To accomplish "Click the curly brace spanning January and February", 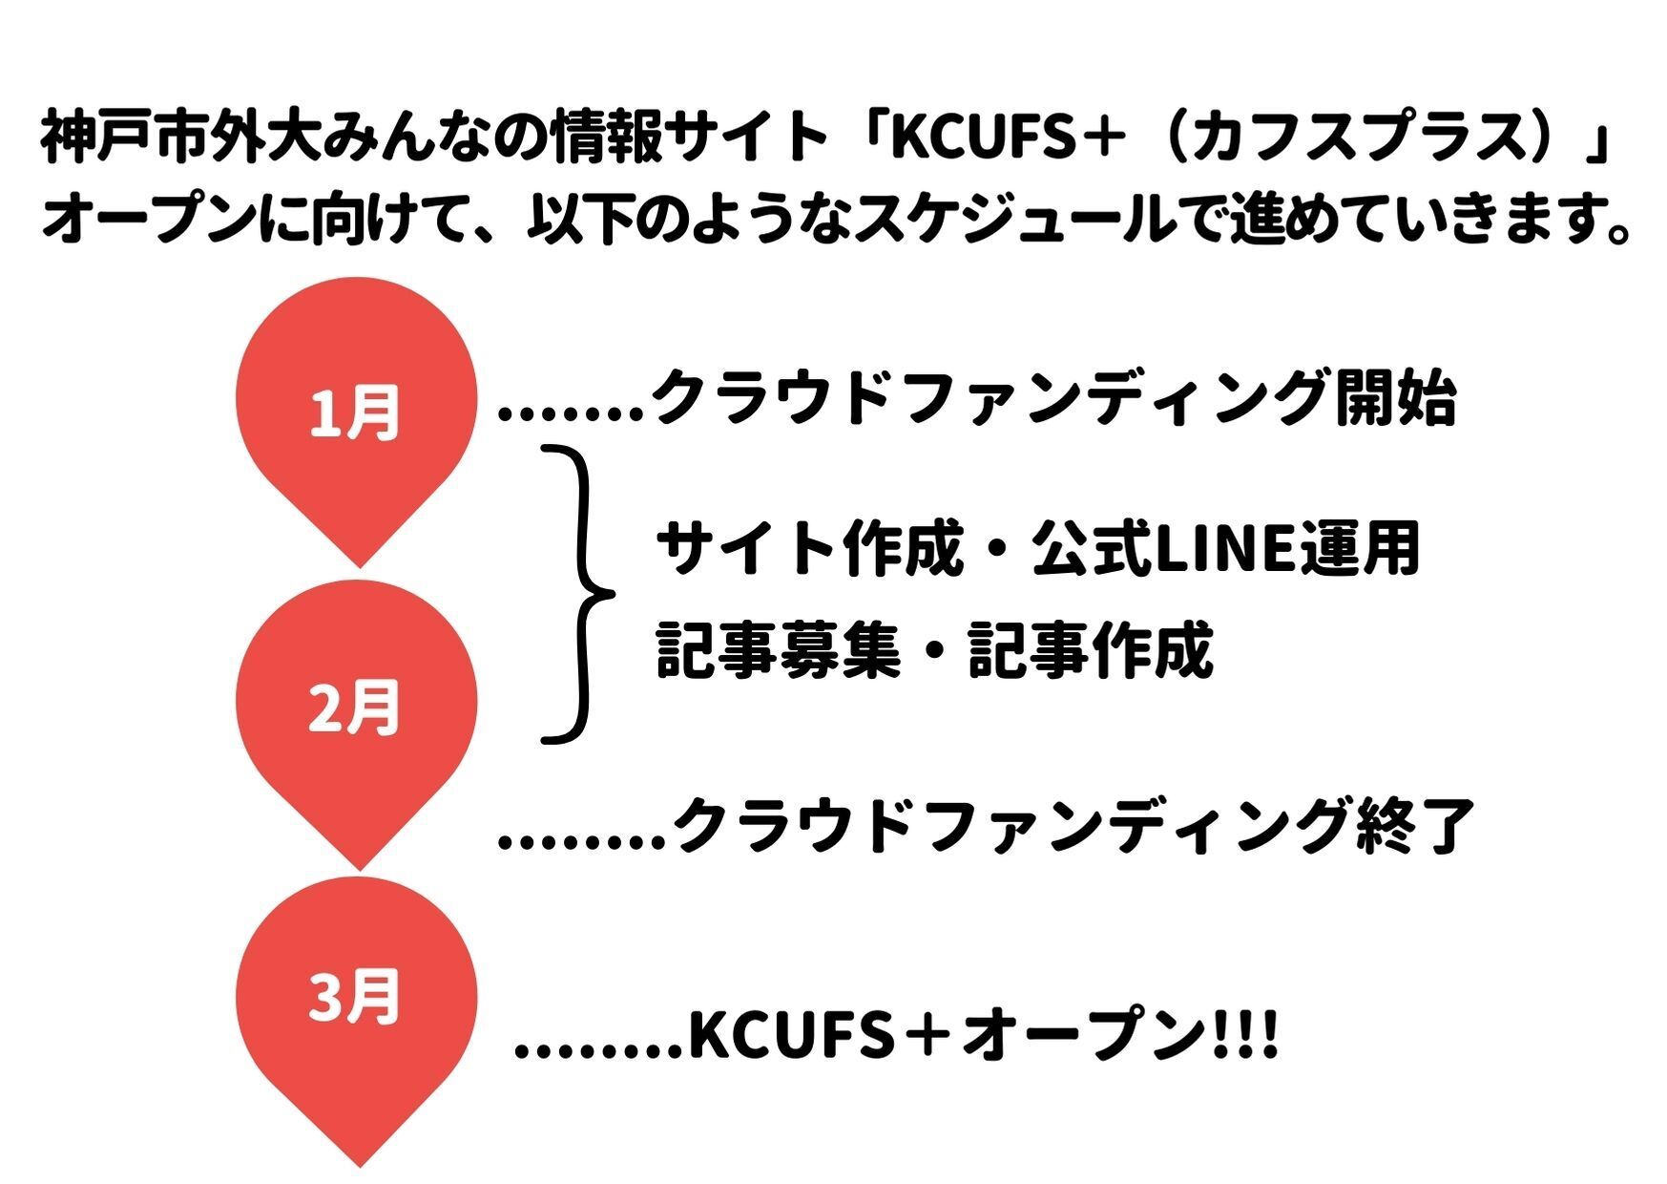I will pos(578,593).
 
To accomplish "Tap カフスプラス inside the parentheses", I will pos(1354,138).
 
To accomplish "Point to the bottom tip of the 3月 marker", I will pos(360,1164).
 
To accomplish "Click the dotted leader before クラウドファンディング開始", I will pos(573,412).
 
